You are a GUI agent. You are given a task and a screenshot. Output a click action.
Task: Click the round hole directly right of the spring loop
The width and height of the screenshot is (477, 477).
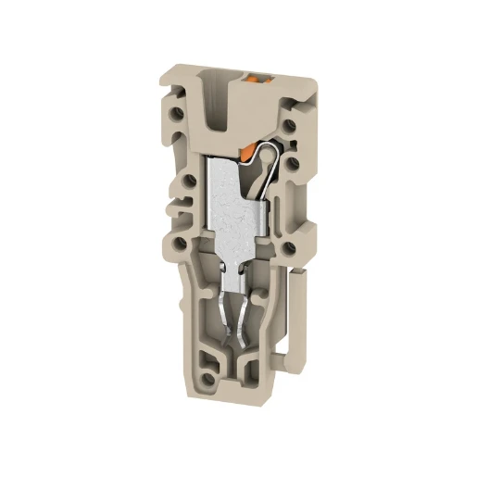292,164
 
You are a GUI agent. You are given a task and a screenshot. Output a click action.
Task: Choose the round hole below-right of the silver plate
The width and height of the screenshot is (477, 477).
290,247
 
